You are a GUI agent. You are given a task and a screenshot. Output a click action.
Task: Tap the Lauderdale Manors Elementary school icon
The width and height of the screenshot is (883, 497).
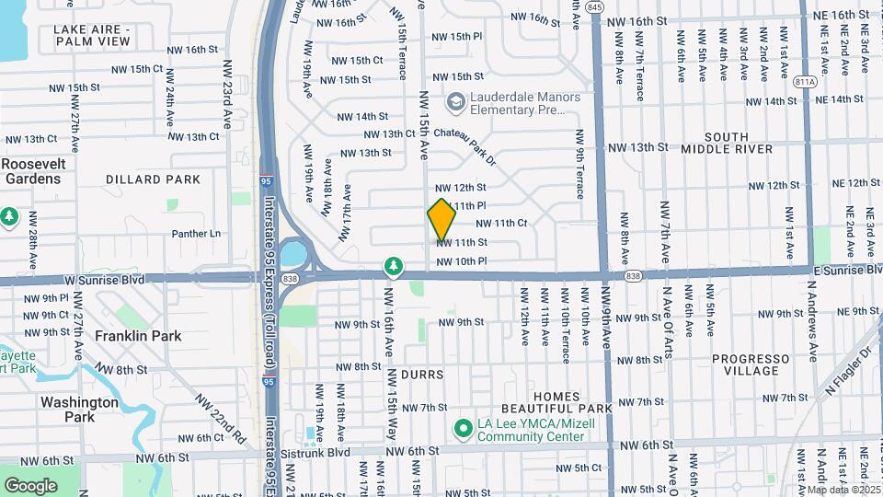click(x=455, y=100)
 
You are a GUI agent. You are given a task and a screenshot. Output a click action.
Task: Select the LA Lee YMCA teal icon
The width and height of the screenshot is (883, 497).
click(x=464, y=428)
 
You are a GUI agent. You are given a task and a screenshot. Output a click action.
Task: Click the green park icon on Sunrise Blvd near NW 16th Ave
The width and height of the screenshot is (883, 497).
click(x=394, y=266)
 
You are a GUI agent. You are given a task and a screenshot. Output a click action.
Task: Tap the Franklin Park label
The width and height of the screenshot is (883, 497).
click(x=138, y=337)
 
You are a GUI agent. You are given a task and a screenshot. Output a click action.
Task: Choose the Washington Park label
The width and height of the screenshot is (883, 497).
click(x=79, y=410)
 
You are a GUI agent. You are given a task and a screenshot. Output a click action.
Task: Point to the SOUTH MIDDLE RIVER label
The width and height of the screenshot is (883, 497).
click(x=727, y=143)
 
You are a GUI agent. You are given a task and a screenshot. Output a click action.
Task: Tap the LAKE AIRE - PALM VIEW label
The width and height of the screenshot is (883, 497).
click(x=92, y=36)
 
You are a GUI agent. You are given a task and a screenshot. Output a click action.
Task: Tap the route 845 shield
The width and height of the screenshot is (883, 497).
click(x=594, y=7)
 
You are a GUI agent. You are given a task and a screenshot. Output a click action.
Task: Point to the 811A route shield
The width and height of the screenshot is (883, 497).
click(x=807, y=81)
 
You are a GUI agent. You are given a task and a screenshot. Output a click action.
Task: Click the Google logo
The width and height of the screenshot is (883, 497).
click(x=30, y=485)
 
